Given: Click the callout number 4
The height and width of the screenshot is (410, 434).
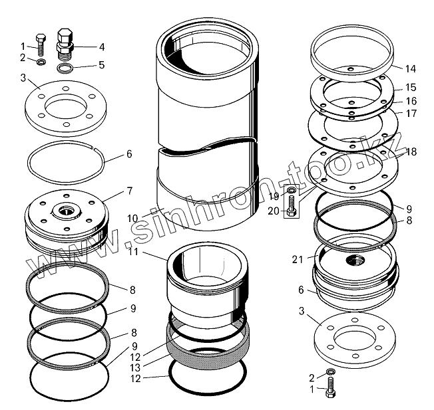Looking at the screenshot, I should (x=102, y=47).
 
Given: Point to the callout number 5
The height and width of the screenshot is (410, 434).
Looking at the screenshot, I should (x=101, y=65).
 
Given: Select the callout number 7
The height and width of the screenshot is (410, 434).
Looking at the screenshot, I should (x=130, y=191).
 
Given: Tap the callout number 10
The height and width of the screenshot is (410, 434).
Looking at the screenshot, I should (x=132, y=218).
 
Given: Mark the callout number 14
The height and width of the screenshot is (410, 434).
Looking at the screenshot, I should (x=410, y=68).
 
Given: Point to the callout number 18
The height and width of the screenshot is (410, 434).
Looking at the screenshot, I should (x=411, y=152).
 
